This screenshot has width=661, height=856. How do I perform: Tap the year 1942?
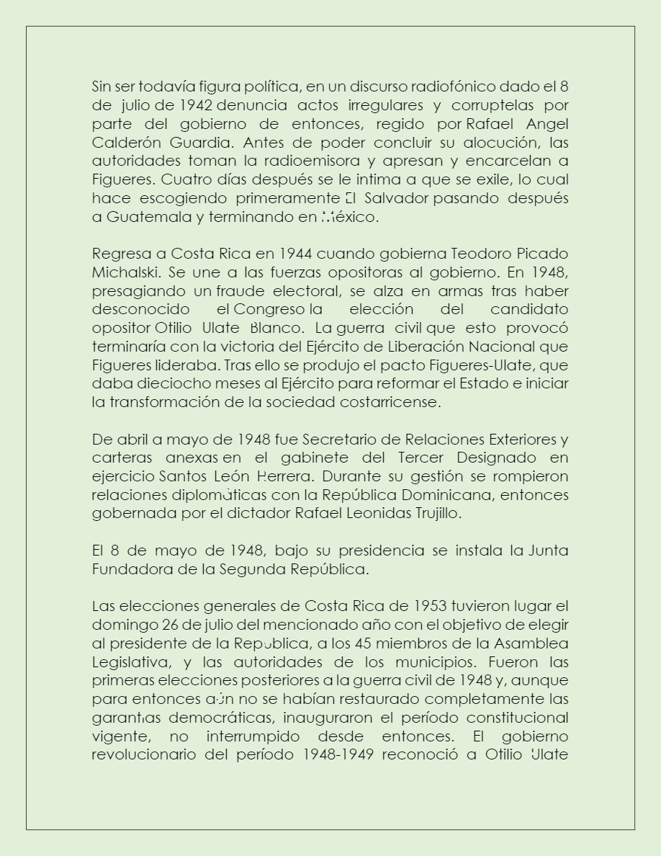coord(195,105)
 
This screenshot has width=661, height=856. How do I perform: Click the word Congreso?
coord(269,309)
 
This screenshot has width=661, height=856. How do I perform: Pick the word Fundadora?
coord(128,569)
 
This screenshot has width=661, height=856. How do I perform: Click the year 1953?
coord(430,605)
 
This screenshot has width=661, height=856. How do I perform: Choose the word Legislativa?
coord(127,661)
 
